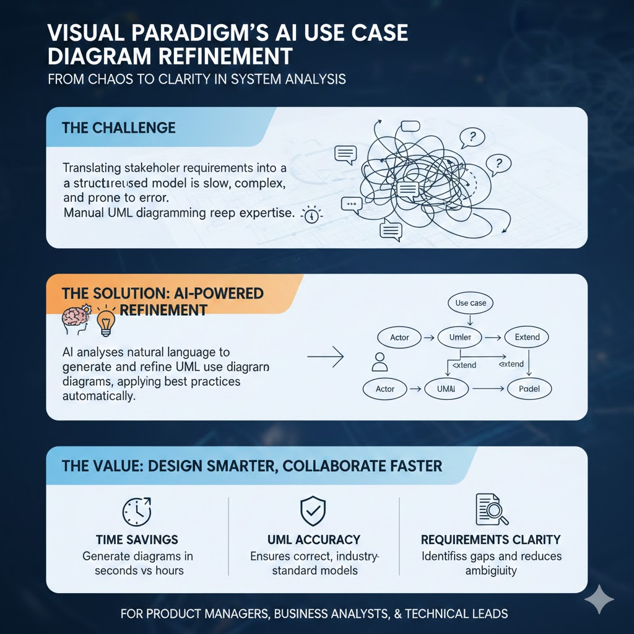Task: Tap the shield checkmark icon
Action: [313, 511]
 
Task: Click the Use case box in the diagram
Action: [470, 303]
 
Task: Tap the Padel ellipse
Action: [529, 389]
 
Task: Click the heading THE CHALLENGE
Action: [119, 128]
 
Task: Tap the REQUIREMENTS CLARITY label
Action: [491, 539]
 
